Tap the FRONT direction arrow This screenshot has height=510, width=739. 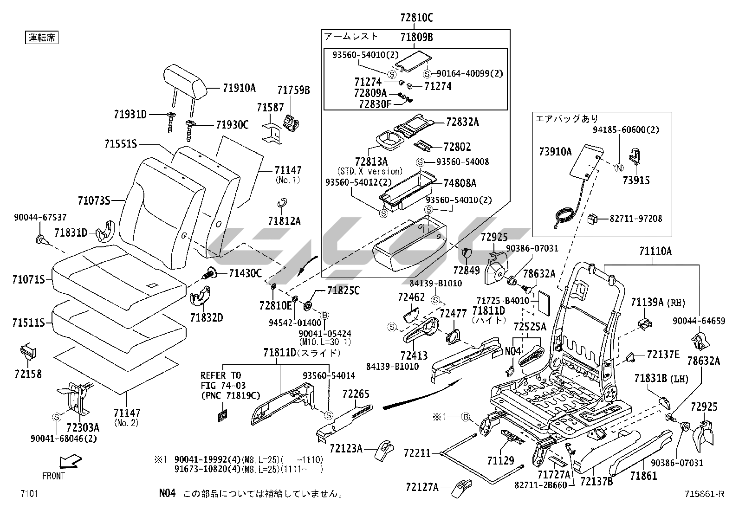[70, 461]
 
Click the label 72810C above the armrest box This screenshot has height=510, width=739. [416, 18]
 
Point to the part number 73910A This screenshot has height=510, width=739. [555, 151]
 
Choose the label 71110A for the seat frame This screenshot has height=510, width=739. [655, 252]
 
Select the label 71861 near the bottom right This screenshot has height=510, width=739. [643, 476]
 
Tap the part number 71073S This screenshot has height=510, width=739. [94, 200]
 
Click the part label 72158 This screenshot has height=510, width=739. [28, 374]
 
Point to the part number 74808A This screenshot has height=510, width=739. [460, 183]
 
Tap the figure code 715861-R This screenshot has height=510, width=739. [704, 494]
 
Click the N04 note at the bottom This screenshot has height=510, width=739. [167, 493]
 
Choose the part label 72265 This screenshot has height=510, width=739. [356, 394]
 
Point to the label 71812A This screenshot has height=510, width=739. [284, 221]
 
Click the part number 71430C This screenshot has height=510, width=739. [245, 273]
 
